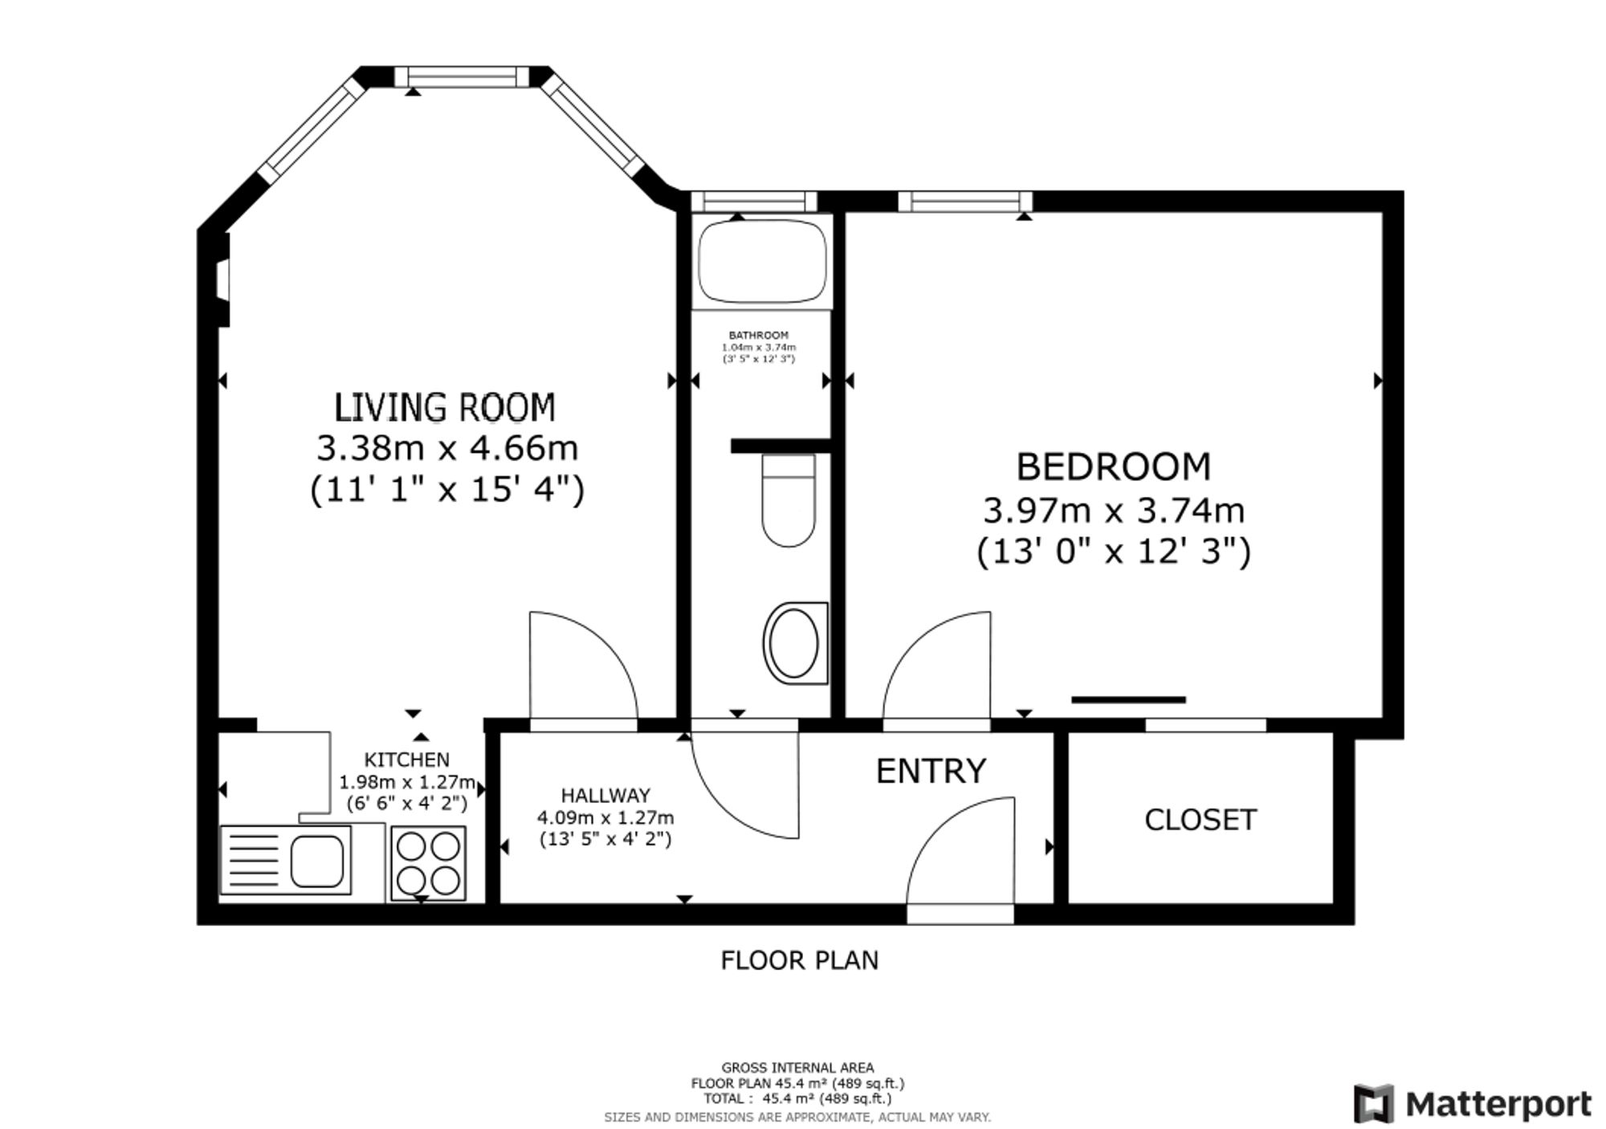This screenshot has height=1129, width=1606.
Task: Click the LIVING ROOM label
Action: point(444,407)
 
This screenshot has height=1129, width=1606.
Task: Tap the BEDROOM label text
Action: point(1113,467)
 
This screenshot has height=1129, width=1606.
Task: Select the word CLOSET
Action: point(1200,820)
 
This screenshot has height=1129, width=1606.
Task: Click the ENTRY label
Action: point(931,771)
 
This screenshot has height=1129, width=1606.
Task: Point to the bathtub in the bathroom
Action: point(761,262)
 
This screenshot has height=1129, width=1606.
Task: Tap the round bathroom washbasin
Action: point(796,643)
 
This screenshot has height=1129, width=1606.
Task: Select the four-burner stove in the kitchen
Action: point(429,862)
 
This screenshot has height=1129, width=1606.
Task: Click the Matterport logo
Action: point(1472,1103)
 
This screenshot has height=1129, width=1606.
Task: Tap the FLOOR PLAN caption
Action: point(799,960)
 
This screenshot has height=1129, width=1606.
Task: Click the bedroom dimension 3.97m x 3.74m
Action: point(1114,511)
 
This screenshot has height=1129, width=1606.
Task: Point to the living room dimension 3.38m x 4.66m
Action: point(447,448)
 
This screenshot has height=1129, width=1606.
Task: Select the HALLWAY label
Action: point(605,795)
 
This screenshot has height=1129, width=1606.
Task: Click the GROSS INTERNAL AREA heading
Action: point(797,1067)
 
